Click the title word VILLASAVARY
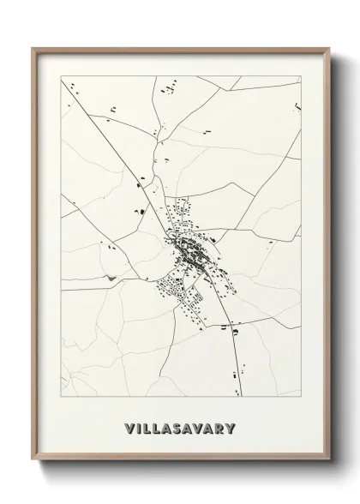tap(179, 426)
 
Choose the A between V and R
tap(206, 426)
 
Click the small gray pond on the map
tap(109, 278)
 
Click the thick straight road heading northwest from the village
tap(120, 154)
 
